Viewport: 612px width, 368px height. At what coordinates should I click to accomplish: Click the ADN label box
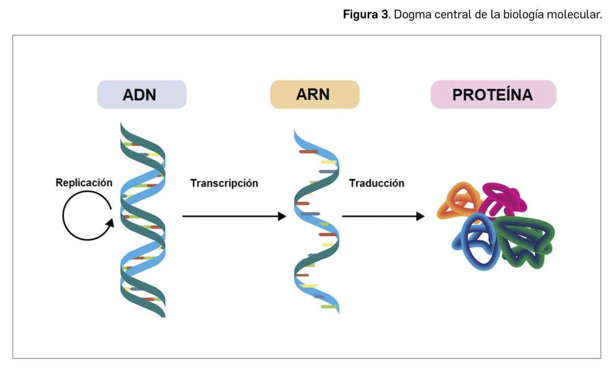[x=142, y=94]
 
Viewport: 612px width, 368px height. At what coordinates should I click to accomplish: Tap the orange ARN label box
[x=314, y=94]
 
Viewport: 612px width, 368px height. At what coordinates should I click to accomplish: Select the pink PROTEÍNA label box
[x=493, y=94]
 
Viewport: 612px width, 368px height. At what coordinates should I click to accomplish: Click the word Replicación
[x=84, y=183]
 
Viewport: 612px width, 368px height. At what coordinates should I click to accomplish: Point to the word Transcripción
[x=224, y=183]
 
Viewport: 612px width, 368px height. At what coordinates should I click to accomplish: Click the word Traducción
[x=377, y=183]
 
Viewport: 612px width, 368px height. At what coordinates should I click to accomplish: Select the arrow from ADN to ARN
[x=233, y=216]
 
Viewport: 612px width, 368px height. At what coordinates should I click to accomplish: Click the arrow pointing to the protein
[x=382, y=216]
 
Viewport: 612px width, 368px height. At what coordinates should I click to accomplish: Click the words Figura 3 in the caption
[x=365, y=14]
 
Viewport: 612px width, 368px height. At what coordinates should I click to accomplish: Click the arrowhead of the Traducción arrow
[x=420, y=216]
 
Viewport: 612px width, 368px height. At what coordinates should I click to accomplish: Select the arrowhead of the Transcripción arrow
[x=282, y=216]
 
